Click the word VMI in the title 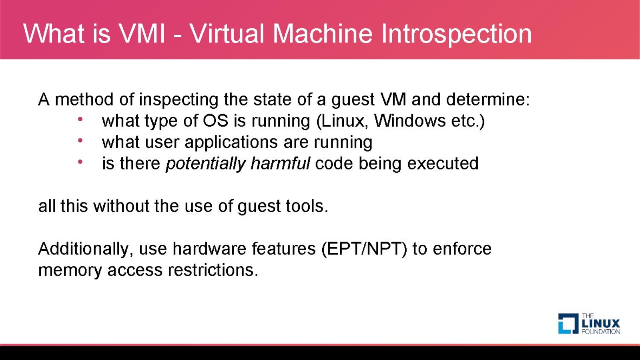coord(141,34)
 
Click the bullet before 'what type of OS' coord(80,119)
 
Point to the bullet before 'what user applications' coord(80,140)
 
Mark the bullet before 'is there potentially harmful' coord(80,162)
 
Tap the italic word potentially coord(206,164)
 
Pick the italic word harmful coord(280,163)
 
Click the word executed coord(443,163)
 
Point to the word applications coord(231,142)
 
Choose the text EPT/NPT coord(364,249)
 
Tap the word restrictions coord(213,270)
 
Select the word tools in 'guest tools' coord(305,206)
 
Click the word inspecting coord(178,100)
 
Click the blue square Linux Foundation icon coord(568,324)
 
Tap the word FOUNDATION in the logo coord(601,332)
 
